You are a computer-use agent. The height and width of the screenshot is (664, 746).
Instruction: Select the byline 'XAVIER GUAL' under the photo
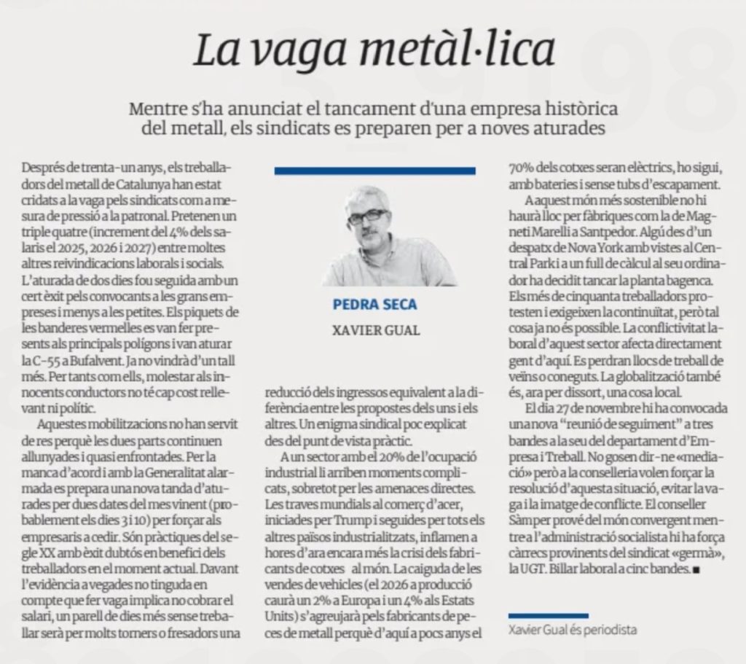pyautogui.click(x=375, y=330)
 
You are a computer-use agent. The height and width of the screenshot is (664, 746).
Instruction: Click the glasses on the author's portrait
pyautogui.click(x=366, y=216)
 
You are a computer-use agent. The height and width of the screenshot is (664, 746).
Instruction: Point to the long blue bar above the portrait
pyautogui.click(x=374, y=171)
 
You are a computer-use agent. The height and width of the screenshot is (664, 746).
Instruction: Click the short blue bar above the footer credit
pyautogui.click(x=548, y=616)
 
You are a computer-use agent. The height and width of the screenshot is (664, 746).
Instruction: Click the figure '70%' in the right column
pyautogui.click(x=522, y=168)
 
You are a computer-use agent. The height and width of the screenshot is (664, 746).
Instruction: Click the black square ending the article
pyautogui.click(x=696, y=571)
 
